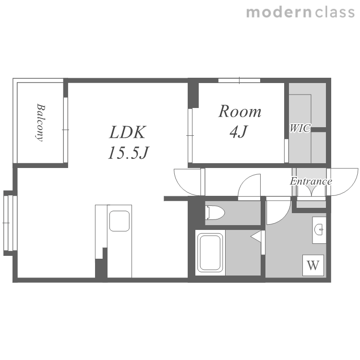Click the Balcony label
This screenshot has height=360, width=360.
coord(41,122)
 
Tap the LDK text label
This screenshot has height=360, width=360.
coord(128,132)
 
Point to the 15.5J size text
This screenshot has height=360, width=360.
coord(129,153)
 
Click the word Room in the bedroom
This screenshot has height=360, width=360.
coord(240,111)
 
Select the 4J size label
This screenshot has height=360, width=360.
coord(238,132)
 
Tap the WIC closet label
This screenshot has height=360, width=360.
coord(300,128)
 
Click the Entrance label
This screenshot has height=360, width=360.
coord(311,181)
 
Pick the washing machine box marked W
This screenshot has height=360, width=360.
coord(313,265)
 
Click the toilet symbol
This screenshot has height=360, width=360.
coord(215,213)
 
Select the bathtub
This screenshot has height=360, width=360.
coord(210,252)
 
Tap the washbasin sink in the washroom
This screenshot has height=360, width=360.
coord(319,230)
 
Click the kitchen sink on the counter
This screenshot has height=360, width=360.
coord(120,221)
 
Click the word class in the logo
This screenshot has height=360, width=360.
coord(335,12)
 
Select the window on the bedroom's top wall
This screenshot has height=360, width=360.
coord(239,80)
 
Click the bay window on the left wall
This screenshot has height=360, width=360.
coord(10,223)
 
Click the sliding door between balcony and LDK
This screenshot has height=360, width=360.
coord(66,130)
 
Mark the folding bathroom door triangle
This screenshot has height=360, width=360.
coord(256,236)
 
